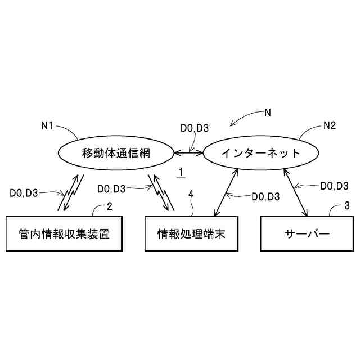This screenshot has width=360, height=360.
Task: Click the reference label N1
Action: (x=47, y=126)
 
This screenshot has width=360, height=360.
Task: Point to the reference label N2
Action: (x=330, y=126)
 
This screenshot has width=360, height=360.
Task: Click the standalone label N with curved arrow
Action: (x=268, y=112)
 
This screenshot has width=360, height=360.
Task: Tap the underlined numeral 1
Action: (x=181, y=172)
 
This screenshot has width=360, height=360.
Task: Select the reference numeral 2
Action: (x=109, y=206)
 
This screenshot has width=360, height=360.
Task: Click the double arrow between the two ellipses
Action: (x=188, y=152)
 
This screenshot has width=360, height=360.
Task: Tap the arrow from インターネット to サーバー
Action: (x=296, y=192)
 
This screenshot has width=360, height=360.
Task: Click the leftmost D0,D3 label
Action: (x=24, y=193)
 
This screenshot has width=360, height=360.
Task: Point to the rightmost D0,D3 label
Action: (x=334, y=185)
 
